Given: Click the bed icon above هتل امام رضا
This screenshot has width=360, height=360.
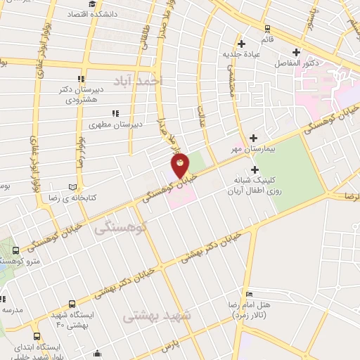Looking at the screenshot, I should [x=249, y=294].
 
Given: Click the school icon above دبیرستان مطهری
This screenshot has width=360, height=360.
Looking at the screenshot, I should [x=115, y=112].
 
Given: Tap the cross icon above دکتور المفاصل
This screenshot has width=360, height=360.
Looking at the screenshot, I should [x=296, y=51].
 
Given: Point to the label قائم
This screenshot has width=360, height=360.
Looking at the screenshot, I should [x=266, y=39].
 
